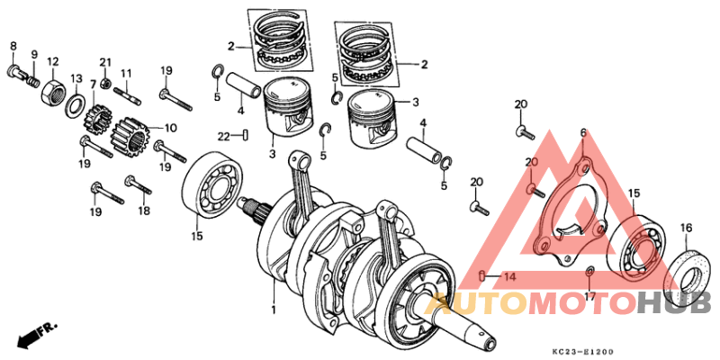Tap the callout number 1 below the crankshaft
click(x=274, y=310)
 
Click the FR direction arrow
click(x=32, y=333)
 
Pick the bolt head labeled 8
click(x=14, y=71)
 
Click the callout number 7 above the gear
click(x=93, y=84)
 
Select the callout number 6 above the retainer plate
click(x=582, y=132)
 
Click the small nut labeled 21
click(x=106, y=85)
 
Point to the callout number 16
click(x=686, y=227)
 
